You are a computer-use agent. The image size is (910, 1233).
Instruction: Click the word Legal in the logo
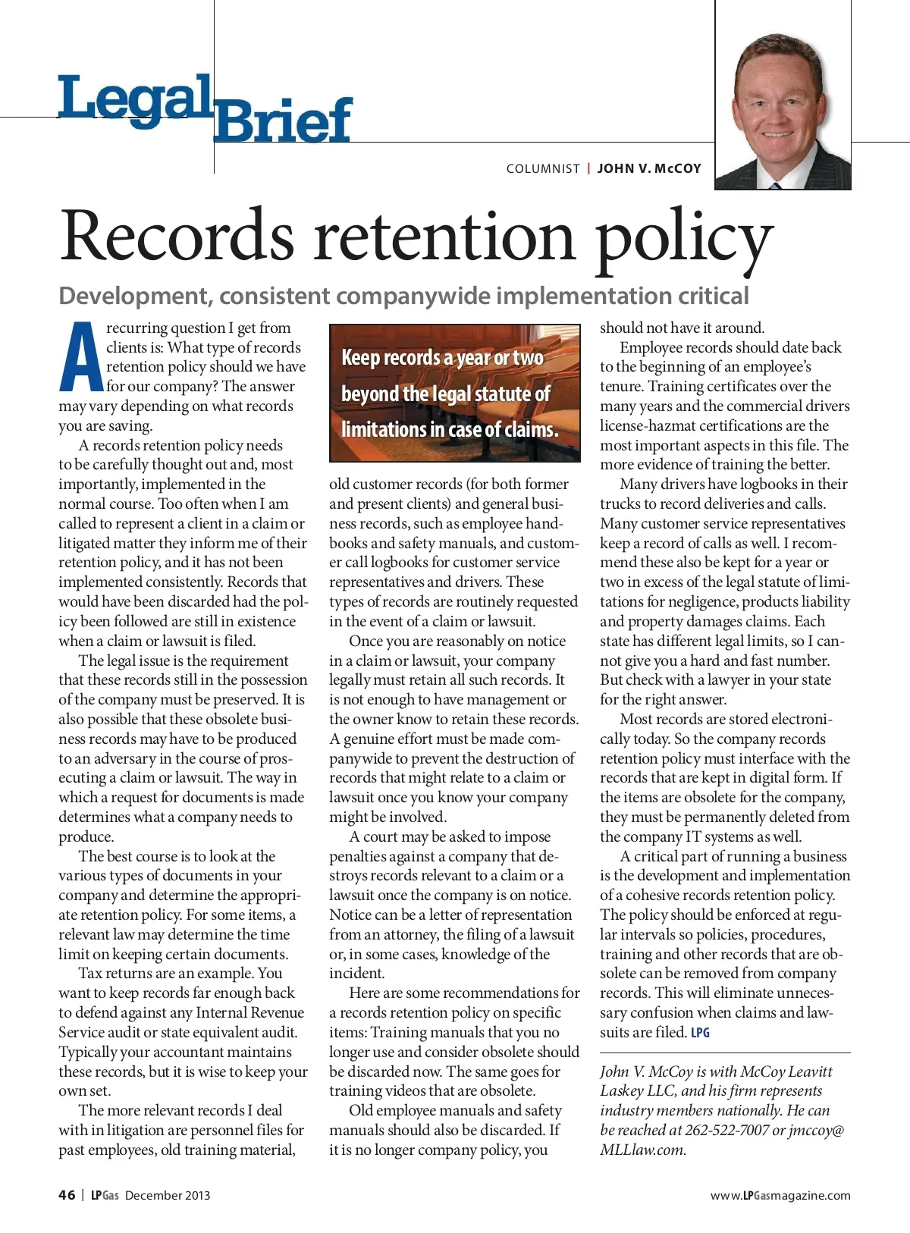point(135,99)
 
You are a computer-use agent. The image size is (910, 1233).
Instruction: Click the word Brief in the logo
point(283,121)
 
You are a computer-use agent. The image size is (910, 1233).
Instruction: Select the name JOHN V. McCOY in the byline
point(649,168)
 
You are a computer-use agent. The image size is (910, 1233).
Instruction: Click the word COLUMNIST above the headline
point(543,168)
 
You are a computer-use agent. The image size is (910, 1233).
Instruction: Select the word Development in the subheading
point(134,296)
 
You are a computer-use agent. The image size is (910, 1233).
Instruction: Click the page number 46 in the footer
point(67,1195)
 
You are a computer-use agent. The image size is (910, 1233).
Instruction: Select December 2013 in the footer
point(168,1196)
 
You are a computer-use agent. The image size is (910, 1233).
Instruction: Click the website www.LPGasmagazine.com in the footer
point(780,1196)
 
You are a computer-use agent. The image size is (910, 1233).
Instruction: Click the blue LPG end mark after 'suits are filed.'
point(701,1033)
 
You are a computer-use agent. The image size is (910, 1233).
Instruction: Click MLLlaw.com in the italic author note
point(642,1150)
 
